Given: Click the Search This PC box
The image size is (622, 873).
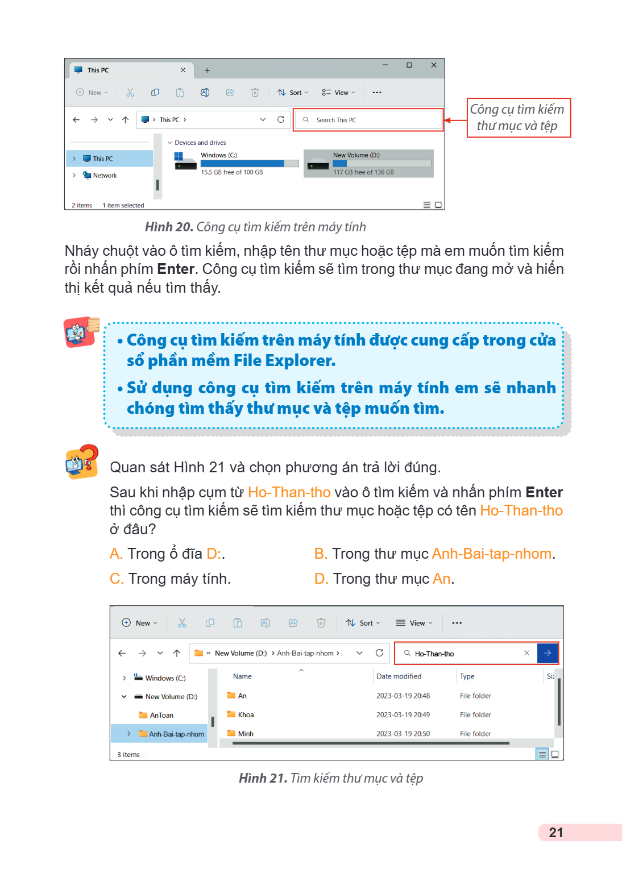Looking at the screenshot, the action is pos(368,120).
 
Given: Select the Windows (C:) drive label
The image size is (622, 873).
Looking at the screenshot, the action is pos(219,155).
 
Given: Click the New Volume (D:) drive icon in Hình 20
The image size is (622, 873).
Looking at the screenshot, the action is pos(318,165).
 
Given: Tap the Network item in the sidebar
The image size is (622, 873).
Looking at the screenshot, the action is pos(105,176).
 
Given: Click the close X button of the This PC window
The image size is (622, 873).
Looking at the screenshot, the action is pos(434,65).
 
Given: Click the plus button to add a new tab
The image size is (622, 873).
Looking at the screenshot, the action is pos(207,70).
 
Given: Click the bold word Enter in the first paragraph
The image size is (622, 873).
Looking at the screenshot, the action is pos(176,269).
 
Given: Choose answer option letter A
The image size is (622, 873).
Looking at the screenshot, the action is pos(116,554).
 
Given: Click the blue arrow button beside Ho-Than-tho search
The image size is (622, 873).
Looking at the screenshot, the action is pos(547,653).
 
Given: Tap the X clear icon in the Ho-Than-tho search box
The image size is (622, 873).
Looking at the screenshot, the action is pos(526,653).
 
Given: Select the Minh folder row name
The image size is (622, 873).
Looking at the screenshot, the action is pos(246,734).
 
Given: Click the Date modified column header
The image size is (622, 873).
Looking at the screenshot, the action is pos(399,676).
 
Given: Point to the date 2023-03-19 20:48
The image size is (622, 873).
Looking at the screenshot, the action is pos(403,696).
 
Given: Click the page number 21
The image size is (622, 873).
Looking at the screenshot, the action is pos(555,833).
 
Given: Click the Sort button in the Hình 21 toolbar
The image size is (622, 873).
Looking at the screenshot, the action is pos(363,623).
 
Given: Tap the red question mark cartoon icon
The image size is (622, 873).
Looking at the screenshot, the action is pos(82,462).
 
